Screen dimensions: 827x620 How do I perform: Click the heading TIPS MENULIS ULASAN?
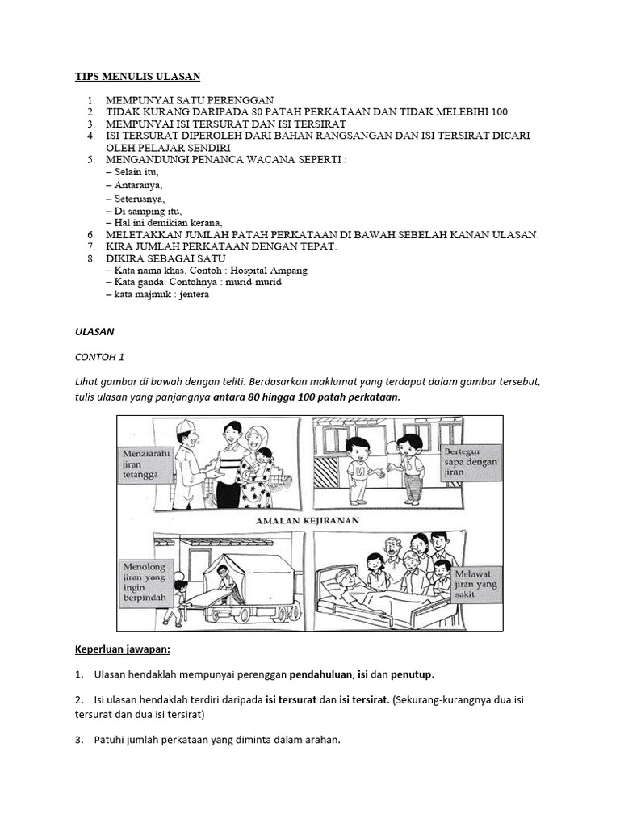pos(136,77)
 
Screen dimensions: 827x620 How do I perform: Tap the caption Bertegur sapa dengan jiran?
pos(471,462)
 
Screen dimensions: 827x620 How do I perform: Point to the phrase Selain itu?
pos(136,172)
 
